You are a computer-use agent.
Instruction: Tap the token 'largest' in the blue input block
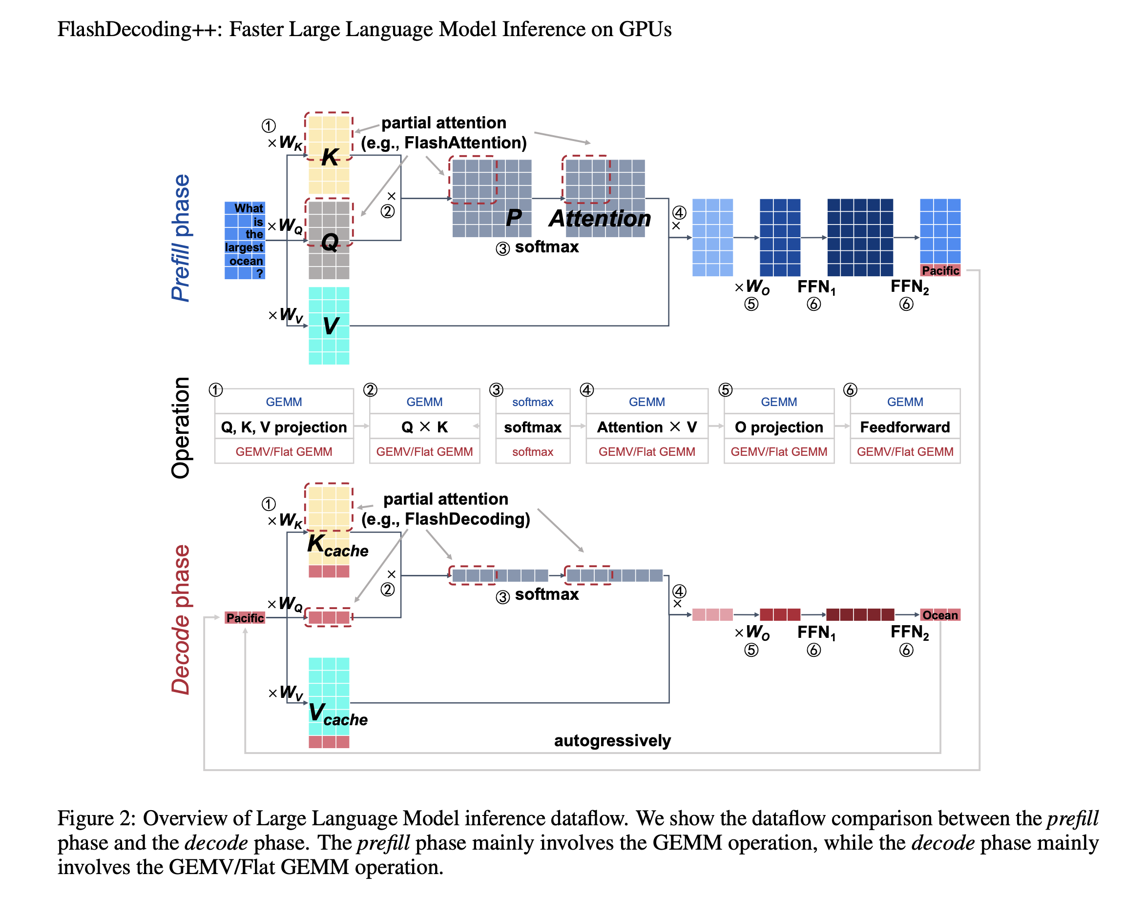(x=244, y=247)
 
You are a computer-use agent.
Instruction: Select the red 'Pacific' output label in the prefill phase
(x=940, y=270)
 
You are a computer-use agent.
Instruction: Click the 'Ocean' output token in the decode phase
(x=940, y=615)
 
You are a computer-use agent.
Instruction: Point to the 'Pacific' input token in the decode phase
(x=245, y=618)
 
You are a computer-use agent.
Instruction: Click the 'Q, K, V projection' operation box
(x=284, y=427)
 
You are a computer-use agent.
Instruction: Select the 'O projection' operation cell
(x=779, y=427)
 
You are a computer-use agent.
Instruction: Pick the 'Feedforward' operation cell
(x=905, y=427)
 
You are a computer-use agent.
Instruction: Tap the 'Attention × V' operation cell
(x=647, y=427)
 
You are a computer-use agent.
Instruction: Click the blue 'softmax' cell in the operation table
(x=532, y=402)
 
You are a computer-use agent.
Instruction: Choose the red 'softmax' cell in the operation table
(x=532, y=451)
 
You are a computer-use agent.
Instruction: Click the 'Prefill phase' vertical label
(x=181, y=238)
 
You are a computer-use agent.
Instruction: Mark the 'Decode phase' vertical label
(x=181, y=620)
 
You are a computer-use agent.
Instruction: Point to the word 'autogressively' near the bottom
(x=612, y=741)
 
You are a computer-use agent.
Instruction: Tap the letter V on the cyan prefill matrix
(x=331, y=326)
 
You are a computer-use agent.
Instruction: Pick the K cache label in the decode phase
(x=337, y=545)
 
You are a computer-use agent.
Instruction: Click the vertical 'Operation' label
(x=181, y=428)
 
